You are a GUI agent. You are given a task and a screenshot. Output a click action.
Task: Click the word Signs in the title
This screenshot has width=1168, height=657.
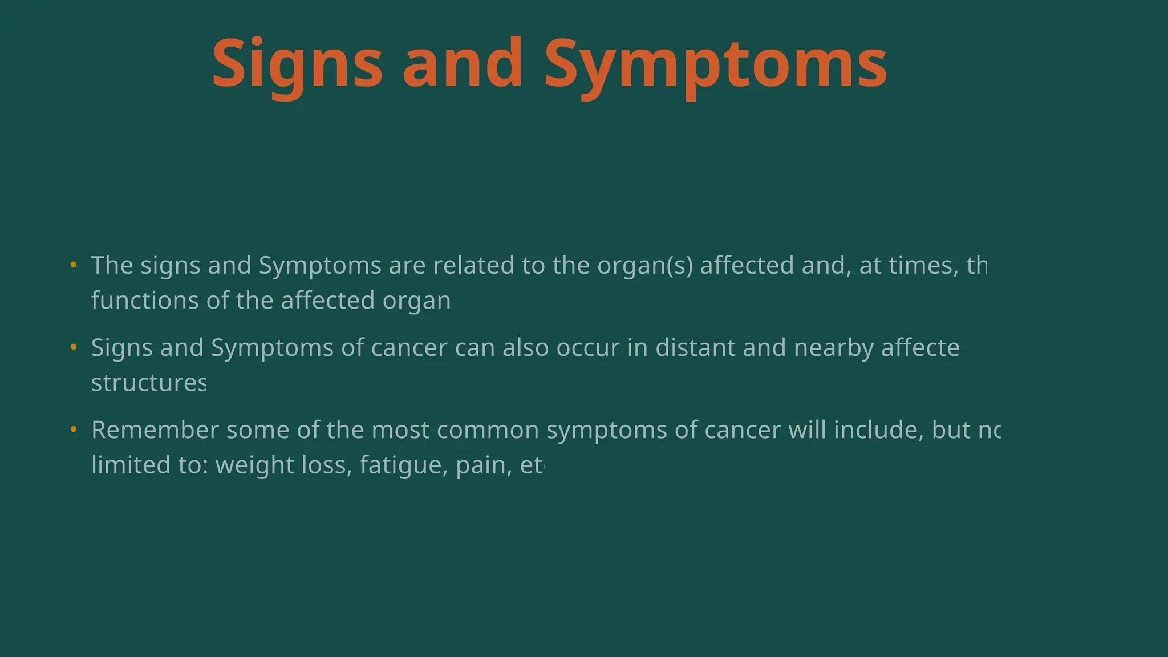click(297, 64)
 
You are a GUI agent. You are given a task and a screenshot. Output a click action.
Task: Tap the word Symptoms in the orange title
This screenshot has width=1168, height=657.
click(715, 64)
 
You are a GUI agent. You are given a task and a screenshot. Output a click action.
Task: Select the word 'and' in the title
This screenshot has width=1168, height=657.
click(463, 64)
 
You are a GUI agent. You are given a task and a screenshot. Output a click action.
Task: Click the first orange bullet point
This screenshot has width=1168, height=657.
click(74, 265)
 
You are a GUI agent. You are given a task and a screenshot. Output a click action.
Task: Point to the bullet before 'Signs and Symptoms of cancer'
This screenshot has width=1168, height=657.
click(74, 347)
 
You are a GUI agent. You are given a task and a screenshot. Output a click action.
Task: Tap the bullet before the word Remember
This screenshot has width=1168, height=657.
click(74, 429)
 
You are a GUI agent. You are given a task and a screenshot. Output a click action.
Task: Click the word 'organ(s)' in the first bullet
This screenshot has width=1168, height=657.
click(645, 266)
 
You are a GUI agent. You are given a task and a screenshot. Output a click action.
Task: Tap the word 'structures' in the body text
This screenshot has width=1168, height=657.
click(148, 383)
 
